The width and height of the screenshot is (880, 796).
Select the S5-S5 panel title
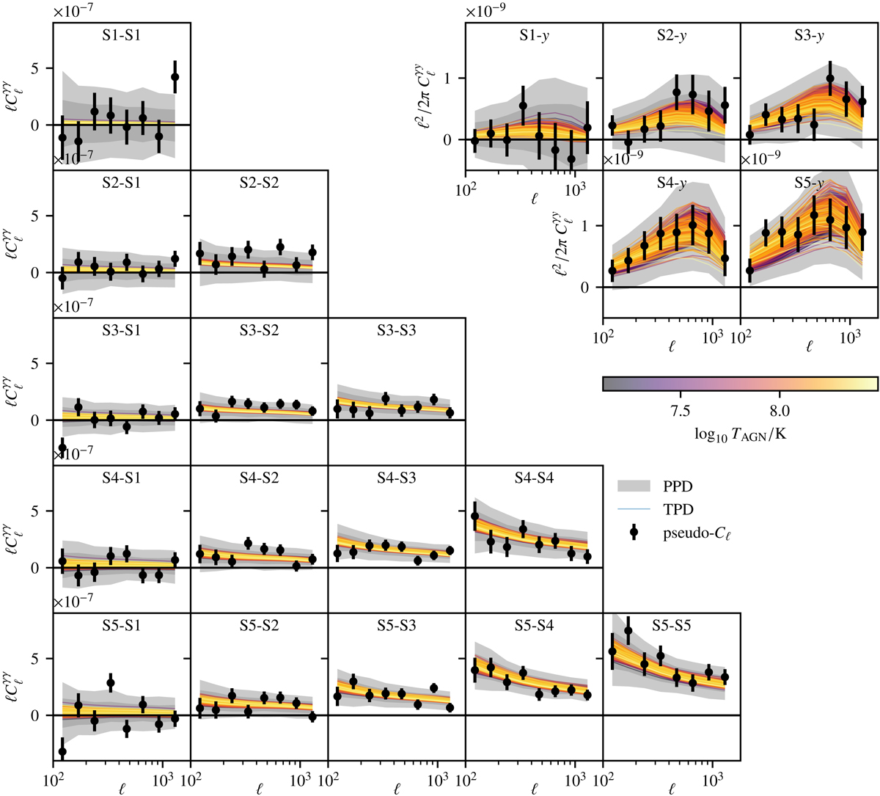pos(672,626)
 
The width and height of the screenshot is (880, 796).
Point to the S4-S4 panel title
pos(534,478)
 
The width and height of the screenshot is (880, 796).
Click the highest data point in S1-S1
pos(175,77)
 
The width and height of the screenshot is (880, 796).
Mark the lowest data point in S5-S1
pos(62,751)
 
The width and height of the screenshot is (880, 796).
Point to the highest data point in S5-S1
pos(111,683)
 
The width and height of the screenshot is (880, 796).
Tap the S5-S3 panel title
pos(397,626)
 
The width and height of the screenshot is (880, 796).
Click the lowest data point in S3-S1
pos(62,448)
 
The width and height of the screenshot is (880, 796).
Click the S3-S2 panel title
pos(259,331)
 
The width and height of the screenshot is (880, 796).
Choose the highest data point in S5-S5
pos(628,631)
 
